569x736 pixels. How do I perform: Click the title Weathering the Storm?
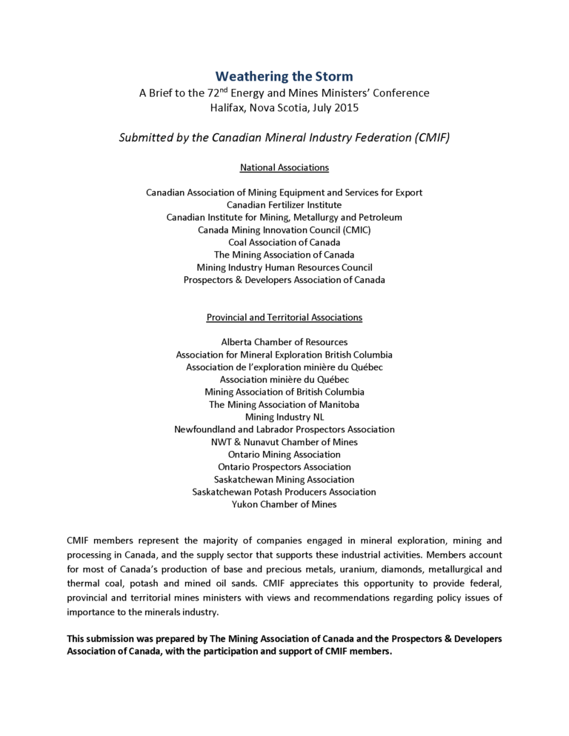pyautogui.click(x=284, y=76)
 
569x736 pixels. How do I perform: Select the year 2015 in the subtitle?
pyautogui.click(x=346, y=107)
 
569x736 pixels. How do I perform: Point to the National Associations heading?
pyautogui.click(x=284, y=168)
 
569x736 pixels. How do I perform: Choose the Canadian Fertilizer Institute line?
pyautogui.click(x=284, y=204)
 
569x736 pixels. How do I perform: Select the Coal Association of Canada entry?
pyautogui.click(x=284, y=242)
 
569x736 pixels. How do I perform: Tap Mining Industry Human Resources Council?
pyautogui.click(x=284, y=267)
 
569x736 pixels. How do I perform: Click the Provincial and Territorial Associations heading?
pyautogui.click(x=284, y=318)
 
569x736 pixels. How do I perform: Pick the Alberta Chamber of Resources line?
pyautogui.click(x=284, y=342)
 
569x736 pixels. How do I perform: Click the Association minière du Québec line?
pyautogui.click(x=284, y=379)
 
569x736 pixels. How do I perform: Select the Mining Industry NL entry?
pyautogui.click(x=284, y=417)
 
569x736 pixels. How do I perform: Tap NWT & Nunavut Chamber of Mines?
pyautogui.click(x=284, y=442)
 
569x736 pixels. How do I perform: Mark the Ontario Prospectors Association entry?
pyautogui.click(x=284, y=467)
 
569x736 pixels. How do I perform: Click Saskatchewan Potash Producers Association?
pyautogui.click(x=284, y=492)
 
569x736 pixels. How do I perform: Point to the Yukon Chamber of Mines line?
pyautogui.click(x=284, y=504)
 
